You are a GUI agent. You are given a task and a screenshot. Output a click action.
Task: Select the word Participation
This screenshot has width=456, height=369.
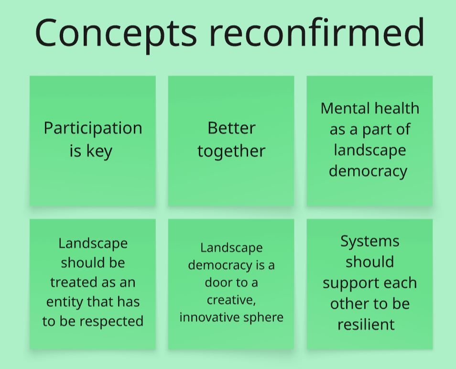(x=93, y=129)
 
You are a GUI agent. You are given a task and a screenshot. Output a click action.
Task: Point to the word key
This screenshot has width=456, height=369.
(x=99, y=151)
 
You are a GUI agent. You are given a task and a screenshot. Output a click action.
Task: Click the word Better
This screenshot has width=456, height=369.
(x=231, y=128)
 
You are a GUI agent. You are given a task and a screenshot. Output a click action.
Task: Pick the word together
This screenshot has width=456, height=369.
(x=231, y=151)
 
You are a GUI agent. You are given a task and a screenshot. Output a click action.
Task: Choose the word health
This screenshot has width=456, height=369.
(x=397, y=108)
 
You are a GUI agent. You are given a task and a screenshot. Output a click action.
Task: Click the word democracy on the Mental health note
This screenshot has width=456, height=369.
(x=368, y=171)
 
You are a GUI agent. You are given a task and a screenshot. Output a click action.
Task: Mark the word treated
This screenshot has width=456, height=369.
(x=72, y=282)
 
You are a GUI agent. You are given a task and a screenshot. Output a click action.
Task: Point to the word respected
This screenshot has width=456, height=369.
(x=111, y=322)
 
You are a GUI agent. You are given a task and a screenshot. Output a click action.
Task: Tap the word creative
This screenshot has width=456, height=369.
(x=231, y=300)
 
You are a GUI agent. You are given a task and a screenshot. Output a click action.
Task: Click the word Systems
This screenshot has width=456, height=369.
(x=370, y=241)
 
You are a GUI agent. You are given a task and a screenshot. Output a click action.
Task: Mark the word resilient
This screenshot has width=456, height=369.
(x=366, y=325)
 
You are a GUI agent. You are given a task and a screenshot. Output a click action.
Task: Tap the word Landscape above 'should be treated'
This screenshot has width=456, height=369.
(x=93, y=243)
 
